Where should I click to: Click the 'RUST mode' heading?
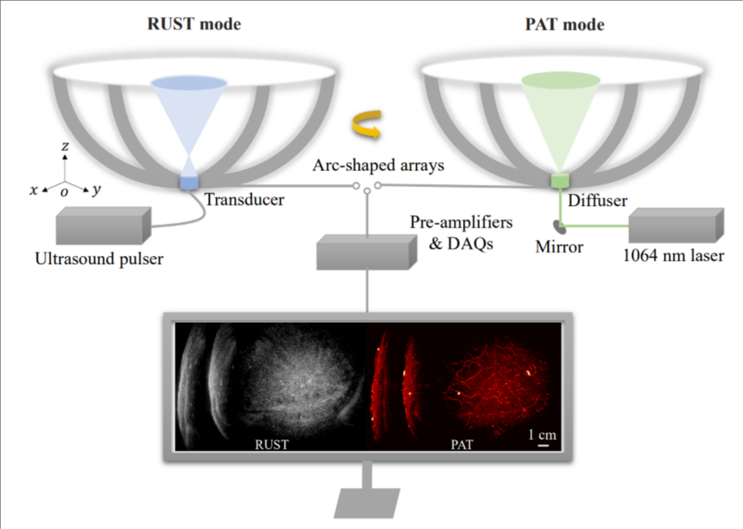pyautogui.click(x=194, y=24)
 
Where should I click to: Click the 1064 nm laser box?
pyautogui.click(x=674, y=225)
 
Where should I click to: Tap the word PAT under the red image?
pyautogui.click(x=462, y=443)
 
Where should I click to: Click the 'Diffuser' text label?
pyautogui.click(x=598, y=201)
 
